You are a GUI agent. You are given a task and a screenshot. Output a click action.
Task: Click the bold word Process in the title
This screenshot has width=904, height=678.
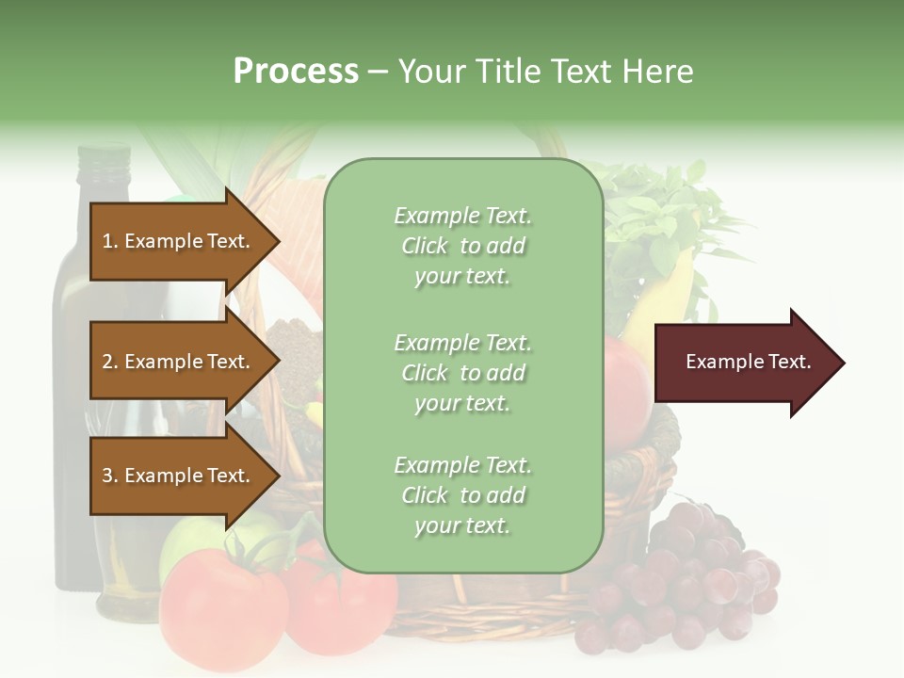[x=296, y=72]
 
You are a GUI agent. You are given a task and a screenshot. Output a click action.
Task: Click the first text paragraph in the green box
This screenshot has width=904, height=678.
[x=462, y=246]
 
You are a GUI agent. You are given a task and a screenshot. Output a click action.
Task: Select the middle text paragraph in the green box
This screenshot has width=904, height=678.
[x=462, y=373]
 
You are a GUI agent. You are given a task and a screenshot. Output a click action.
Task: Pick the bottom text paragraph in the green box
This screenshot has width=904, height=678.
[x=462, y=495]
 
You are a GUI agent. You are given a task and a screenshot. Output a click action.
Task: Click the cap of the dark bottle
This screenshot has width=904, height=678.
[x=103, y=156]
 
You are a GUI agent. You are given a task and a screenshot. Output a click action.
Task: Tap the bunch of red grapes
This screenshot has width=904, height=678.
[x=697, y=574]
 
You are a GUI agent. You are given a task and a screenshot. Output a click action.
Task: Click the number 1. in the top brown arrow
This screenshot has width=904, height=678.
[x=110, y=241]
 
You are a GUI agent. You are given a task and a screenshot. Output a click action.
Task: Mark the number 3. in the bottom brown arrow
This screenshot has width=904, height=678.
[x=110, y=476]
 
